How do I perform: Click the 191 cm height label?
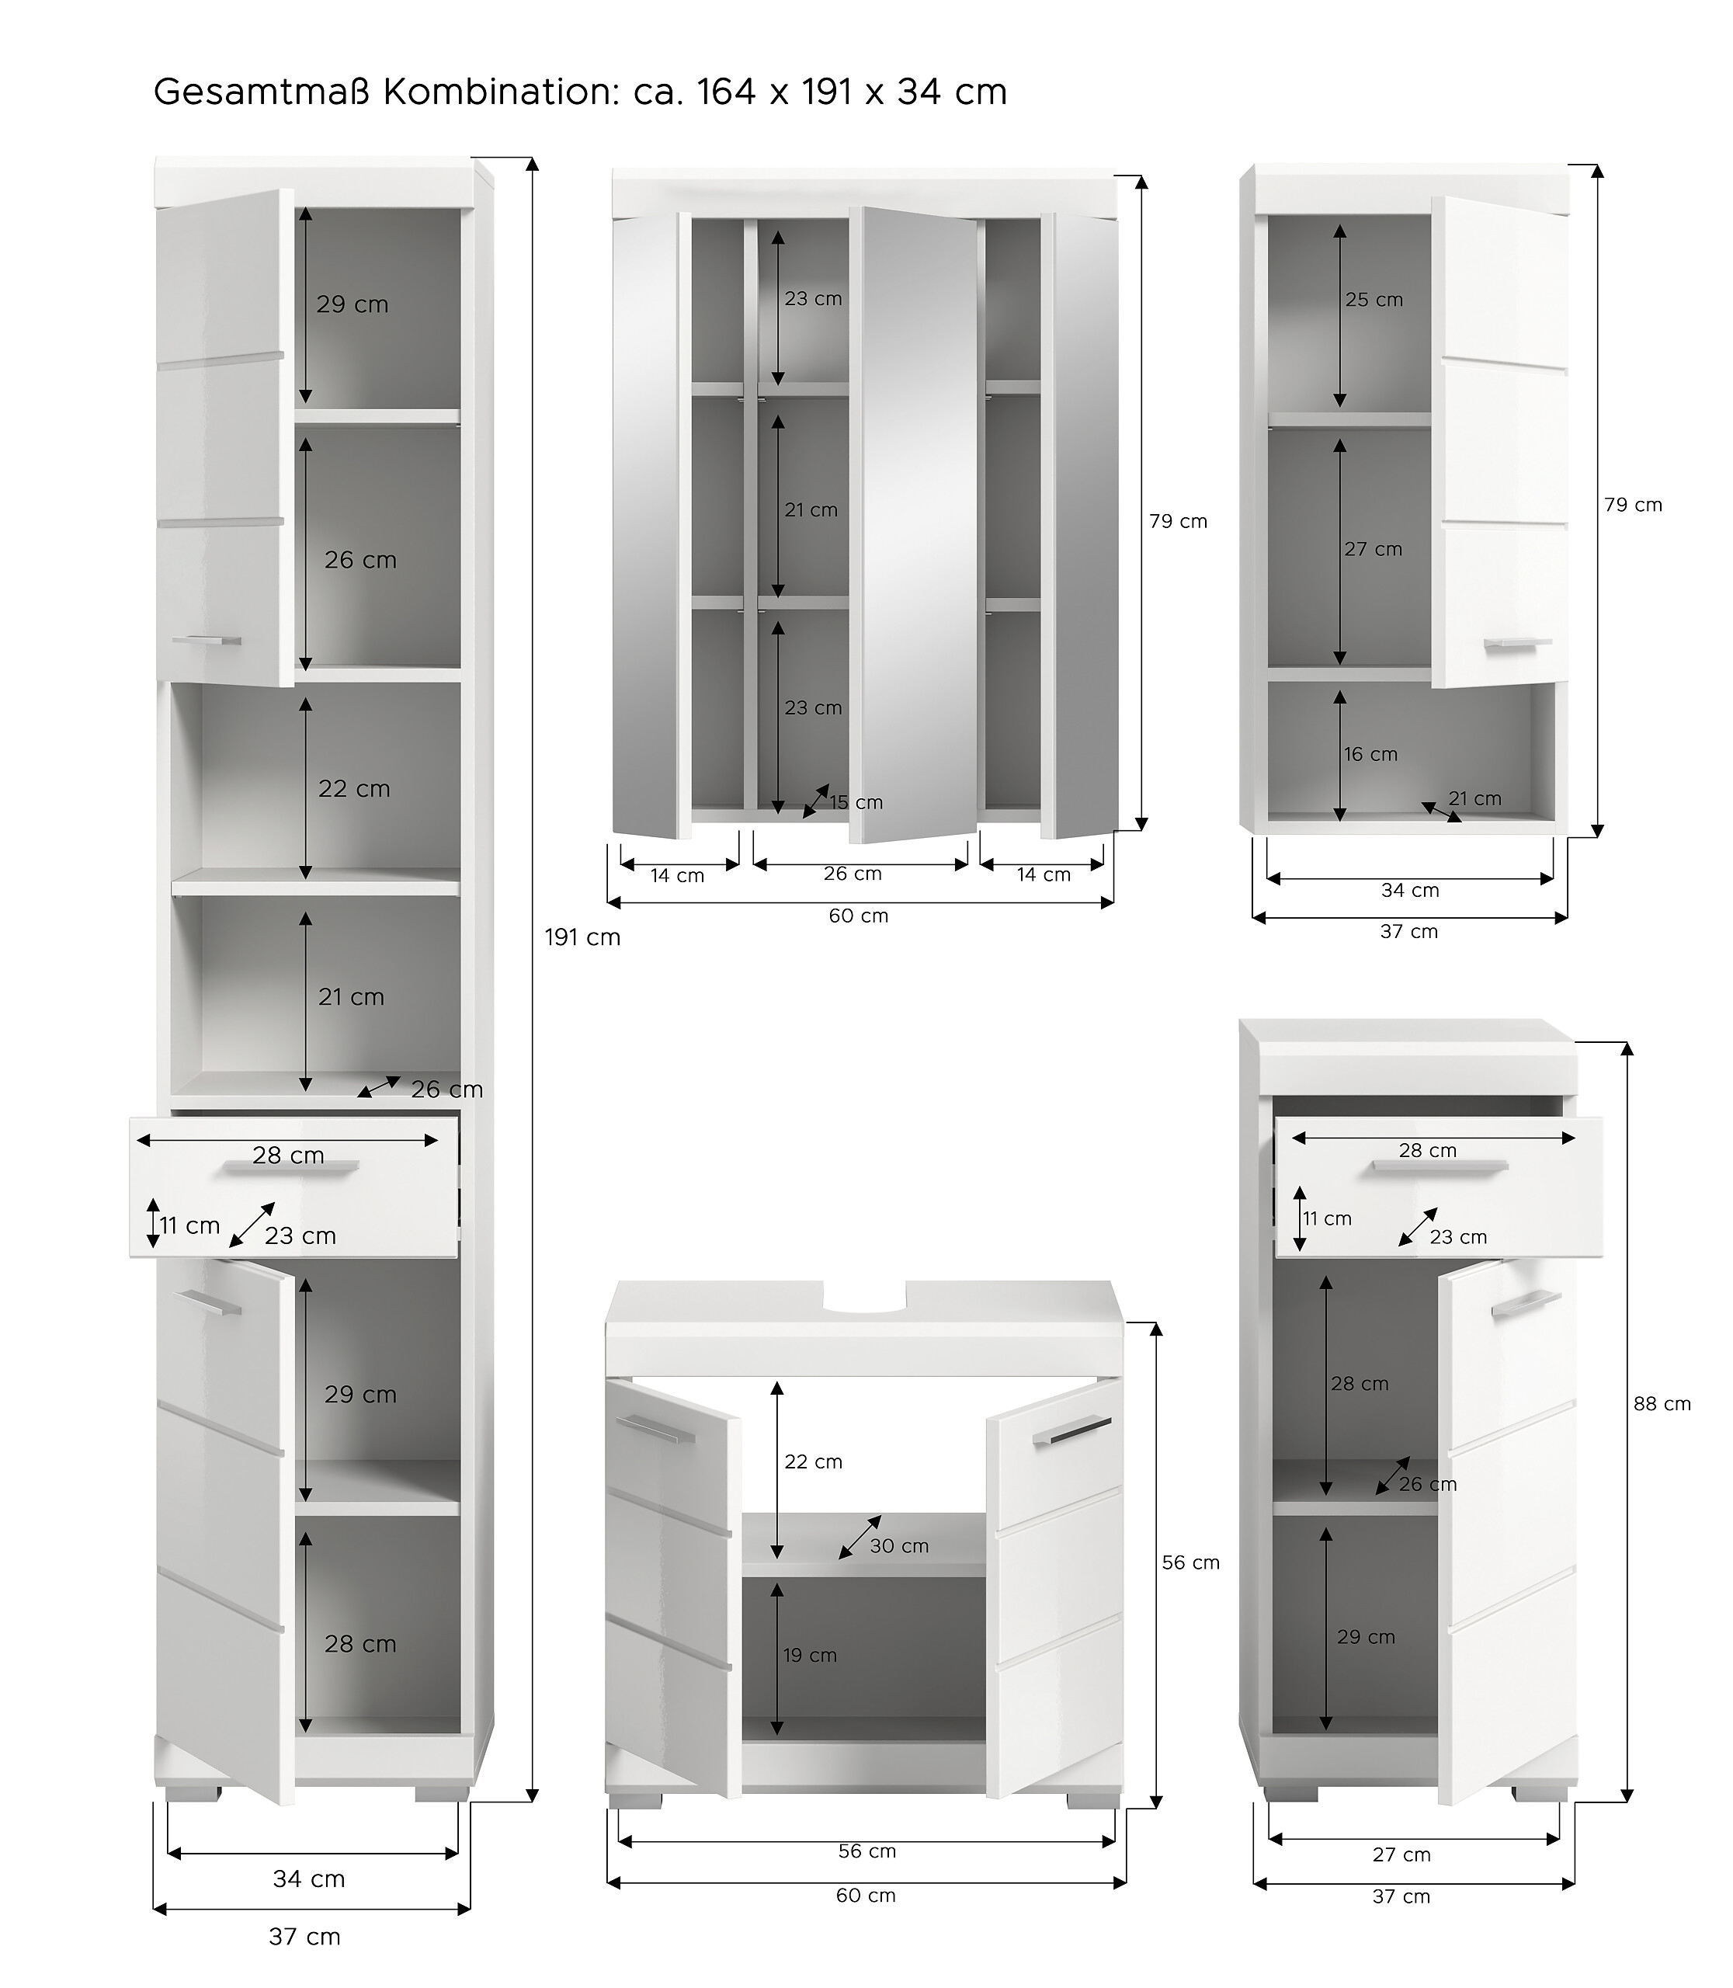point(582,937)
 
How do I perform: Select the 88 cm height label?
point(1662,1404)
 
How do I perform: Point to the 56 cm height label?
point(1190,1562)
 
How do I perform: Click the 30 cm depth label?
point(898,1546)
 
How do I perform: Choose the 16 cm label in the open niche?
point(1370,753)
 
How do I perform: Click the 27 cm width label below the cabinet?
point(1401,1854)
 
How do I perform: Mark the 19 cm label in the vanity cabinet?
point(810,1655)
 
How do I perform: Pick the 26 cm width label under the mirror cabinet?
point(852,874)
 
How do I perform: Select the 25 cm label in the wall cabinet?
point(1374,300)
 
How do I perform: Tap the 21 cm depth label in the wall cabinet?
point(1474,798)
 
